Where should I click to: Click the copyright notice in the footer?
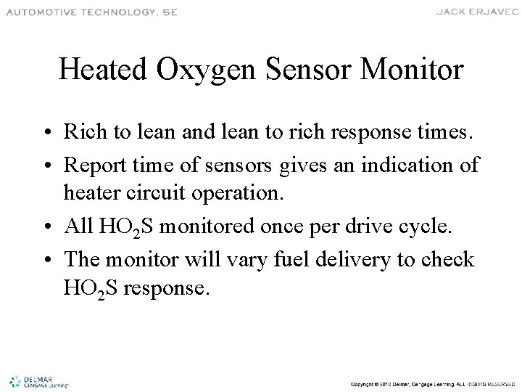tap(431, 383)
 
